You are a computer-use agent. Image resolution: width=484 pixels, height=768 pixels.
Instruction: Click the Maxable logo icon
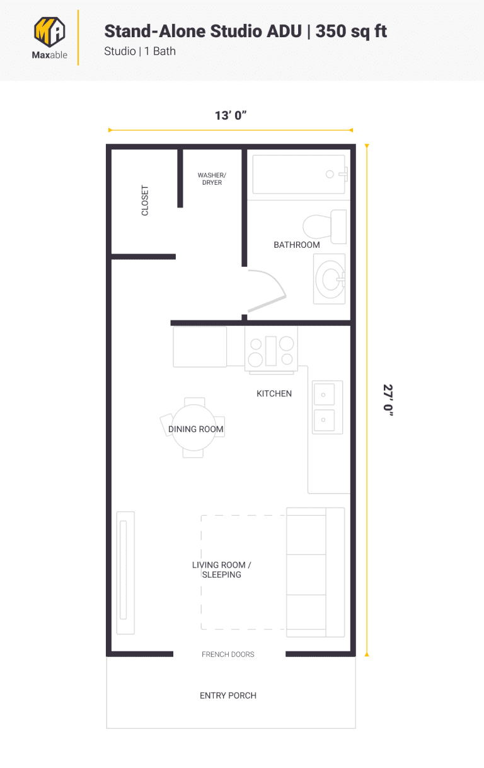[x=49, y=31]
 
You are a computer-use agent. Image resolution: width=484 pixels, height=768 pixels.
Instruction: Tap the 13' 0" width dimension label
[x=230, y=115]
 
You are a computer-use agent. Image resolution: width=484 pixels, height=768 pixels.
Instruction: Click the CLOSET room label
[x=146, y=201]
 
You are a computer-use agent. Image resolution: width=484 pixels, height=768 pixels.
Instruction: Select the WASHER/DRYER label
[x=212, y=179]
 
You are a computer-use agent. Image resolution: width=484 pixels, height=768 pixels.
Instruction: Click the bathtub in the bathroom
[x=299, y=175]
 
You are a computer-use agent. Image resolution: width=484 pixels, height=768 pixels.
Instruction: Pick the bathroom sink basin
[x=330, y=279]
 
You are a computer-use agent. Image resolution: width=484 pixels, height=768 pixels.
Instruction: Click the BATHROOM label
[x=296, y=245]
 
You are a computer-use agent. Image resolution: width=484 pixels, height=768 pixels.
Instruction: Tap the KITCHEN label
[x=274, y=393]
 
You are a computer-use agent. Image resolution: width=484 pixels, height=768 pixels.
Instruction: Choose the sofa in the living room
[x=315, y=572]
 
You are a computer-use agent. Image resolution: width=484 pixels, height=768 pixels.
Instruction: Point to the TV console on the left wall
[x=125, y=572]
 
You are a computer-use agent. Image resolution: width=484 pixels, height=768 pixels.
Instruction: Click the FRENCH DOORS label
[x=228, y=655]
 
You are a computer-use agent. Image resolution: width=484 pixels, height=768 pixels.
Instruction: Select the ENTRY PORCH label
[x=228, y=695]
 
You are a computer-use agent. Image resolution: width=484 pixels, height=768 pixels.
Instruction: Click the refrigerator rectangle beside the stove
[x=200, y=347]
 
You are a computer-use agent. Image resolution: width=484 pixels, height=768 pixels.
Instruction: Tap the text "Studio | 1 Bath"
[x=140, y=51]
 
